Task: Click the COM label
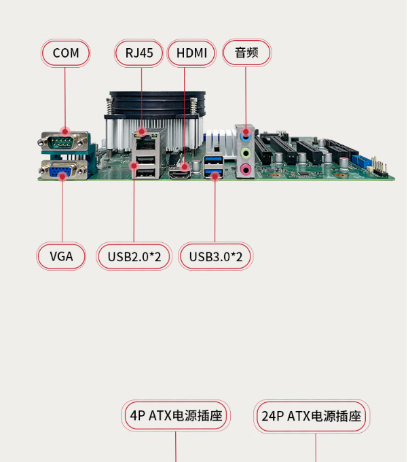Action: click(x=66, y=53)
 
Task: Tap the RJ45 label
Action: click(x=139, y=53)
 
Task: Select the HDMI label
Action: click(x=191, y=53)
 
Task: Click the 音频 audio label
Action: click(x=246, y=53)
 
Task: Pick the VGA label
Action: click(x=61, y=256)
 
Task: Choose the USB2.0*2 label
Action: click(x=134, y=256)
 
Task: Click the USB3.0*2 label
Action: click(x=215, y=256)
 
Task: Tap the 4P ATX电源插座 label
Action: click(x=177, y=416)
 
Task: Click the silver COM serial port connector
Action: click(x=64, y=142)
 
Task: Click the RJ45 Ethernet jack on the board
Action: click(x=144, y=143)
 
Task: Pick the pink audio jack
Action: click(x=246, y=168)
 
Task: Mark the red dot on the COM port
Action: click(x=65, y=132)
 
